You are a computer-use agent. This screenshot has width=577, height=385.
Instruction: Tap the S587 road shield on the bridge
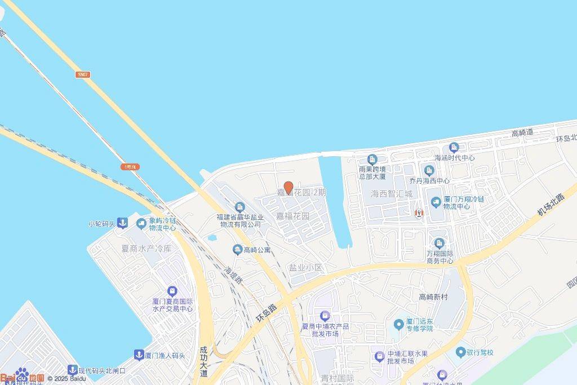coord(83,74)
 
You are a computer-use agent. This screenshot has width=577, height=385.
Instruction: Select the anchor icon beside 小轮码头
coord(121,224)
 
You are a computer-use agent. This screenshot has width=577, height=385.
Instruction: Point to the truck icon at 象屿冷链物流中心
coord(141,224)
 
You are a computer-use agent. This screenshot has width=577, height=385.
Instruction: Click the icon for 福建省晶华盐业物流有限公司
coord(239,207)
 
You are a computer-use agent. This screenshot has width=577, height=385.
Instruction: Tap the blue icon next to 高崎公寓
coord(238,249)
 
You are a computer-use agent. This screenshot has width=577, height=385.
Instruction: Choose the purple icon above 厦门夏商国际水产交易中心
coord(172,291)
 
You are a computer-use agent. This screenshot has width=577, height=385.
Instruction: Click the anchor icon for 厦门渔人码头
coord(138,355)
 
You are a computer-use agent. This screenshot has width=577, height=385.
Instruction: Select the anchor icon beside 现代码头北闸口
coord(72,370)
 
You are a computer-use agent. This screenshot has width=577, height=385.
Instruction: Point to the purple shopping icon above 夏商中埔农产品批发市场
coord(324,316)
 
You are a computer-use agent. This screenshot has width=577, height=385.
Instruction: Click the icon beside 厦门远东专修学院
coord(399,324)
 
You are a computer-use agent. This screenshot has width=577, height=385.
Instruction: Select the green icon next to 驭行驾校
coord(460,352)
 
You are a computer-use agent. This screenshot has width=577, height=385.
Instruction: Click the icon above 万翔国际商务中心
coord(440,243)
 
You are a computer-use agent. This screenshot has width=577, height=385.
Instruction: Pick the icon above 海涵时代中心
coord(454,148)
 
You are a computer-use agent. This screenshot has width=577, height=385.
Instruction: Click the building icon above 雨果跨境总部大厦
coord(372,159)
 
